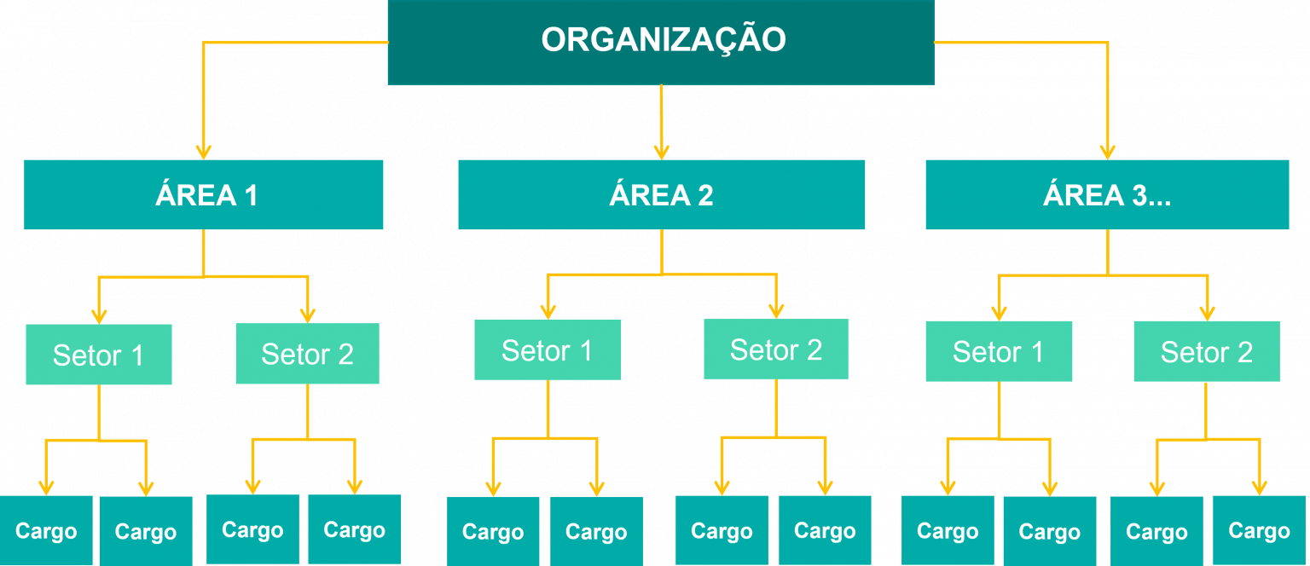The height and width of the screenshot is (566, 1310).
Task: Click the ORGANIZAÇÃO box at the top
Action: tap(661, 41)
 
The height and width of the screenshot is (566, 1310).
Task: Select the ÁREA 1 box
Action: tap(203, 195)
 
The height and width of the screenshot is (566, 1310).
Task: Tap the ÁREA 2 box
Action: tap(661, 195)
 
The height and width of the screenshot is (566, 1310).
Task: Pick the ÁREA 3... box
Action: tap(1107, 195)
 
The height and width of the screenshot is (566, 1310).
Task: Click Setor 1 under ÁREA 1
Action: tap(99, 355)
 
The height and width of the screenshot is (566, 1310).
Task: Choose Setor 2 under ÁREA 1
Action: tap(307, 354)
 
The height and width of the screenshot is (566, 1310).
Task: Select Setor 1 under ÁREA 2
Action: tap(548, 350)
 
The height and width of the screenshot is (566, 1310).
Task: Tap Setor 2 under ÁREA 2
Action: tap(776, 349)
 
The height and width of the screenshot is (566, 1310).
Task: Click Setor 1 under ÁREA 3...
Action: tap(999, 351)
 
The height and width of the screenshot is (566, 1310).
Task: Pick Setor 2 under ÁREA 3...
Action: tap(1207, 351)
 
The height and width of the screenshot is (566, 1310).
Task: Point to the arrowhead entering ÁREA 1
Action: tap(203, 151)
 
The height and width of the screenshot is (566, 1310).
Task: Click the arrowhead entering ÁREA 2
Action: tap(661, 151)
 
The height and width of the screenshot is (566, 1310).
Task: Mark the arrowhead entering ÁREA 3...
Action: tap(1107, 151)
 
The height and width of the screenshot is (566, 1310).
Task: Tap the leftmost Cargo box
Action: tap(46, 531)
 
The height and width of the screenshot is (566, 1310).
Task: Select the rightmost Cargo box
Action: tap(1259, 531)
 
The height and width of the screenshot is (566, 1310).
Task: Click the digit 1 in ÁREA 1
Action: tap(250, 196)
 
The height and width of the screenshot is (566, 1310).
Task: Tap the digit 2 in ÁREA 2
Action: tap(704, 196)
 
